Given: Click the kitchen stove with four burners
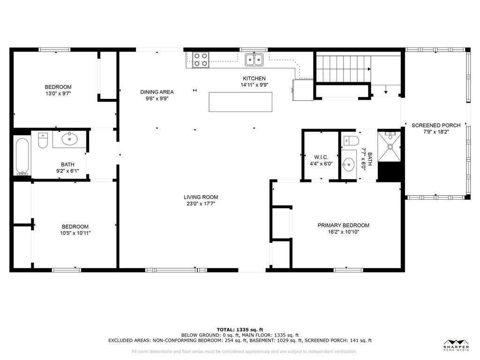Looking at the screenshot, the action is point(201,60).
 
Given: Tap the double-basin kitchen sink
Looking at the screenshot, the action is point(254,60).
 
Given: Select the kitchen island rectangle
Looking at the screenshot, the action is point(240,102).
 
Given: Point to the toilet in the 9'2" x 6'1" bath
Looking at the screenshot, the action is point(43,140).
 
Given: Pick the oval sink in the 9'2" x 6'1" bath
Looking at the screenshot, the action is point(70,139).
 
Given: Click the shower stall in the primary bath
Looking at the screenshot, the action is point(390,146).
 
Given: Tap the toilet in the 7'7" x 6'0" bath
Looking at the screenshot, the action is point(352,141).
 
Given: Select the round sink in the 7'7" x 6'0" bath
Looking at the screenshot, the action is point(349,165).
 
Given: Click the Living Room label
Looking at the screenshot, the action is point(201,197).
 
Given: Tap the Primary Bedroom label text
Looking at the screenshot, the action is point(343,225).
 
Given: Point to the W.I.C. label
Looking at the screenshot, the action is point(321,157).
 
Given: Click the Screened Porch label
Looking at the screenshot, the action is point(436,125).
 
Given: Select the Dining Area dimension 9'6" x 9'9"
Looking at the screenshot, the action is point(157,98).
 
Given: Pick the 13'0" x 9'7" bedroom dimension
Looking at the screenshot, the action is point(58,93).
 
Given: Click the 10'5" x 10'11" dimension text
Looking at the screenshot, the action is point(75,233).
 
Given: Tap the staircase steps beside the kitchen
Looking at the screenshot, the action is point(343,69).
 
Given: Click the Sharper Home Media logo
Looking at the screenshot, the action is point(456,345).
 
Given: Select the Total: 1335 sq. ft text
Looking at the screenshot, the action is point(240,330).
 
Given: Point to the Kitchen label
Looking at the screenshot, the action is point(254,78).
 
